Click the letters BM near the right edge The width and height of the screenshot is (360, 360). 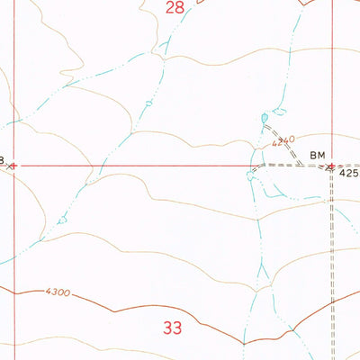(318, 155)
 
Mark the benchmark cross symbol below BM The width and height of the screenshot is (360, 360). (331, 166)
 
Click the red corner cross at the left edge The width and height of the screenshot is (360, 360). (13, 166)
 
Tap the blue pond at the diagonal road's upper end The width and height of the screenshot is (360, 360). (265, 119)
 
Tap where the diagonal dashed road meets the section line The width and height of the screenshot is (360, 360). (299, 166)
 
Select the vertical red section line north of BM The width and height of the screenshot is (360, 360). (332, 81)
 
